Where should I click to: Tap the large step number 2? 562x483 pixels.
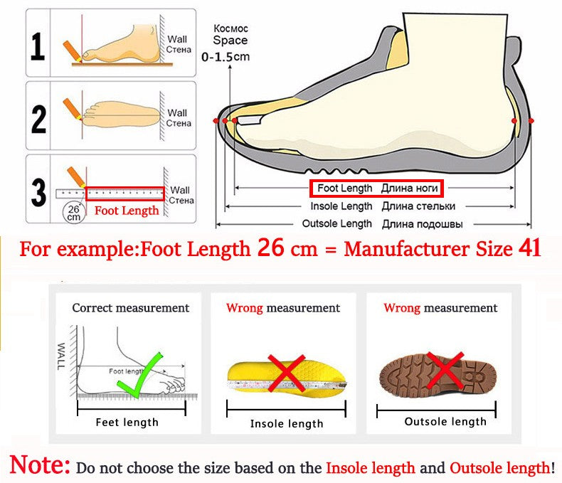(x=38, y=116)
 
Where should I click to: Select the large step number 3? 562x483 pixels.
(x=38, y=191)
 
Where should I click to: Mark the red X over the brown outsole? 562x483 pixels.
(x=445, y=369)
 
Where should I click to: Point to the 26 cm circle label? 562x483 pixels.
(x=73, y=212)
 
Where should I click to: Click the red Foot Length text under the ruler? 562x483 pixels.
(x=127, y=211)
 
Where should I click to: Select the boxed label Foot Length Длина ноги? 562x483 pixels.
(x=376, y=189)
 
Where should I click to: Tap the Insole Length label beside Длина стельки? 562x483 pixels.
(x=341, y=206)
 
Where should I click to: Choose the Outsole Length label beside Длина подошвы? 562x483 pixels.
(x=337, y=224)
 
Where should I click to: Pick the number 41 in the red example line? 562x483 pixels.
(x=529, y=249)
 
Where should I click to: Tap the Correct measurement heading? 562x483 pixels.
(x=130, y=308)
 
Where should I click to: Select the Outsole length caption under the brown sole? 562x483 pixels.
(x=445, y=421)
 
